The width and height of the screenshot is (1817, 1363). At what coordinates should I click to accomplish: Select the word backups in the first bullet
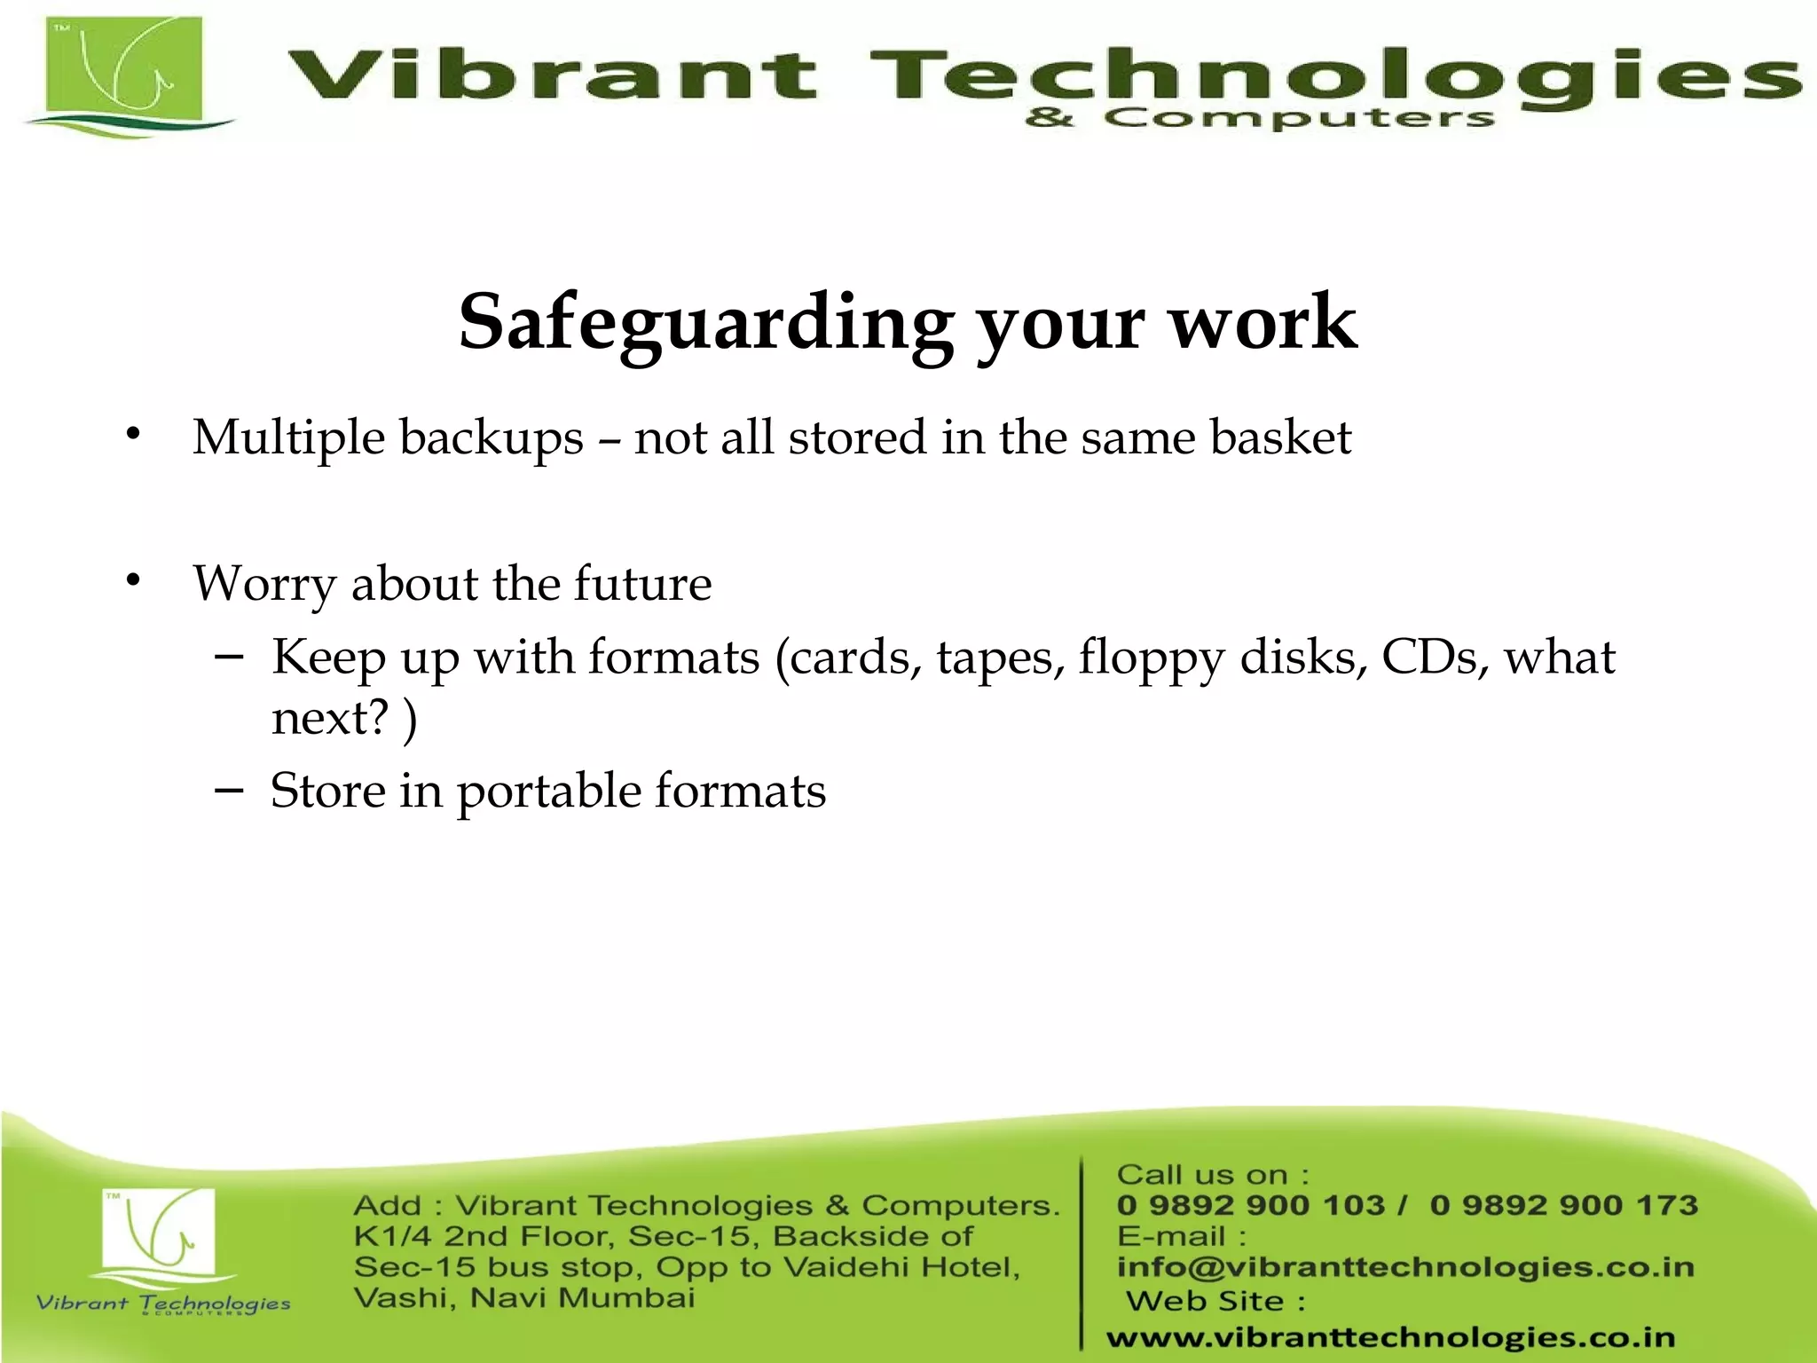click(x=491, y=438)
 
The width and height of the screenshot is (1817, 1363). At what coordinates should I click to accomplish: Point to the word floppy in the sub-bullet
click(x=1152, y=658)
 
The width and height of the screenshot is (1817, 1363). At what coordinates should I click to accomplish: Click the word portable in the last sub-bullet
click(x=548, y=791)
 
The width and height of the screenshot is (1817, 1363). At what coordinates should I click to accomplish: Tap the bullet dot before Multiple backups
click(x=133, y=434)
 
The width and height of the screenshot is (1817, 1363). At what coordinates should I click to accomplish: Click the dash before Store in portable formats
click(x=229, y=789)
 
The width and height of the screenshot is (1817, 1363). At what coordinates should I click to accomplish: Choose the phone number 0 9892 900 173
click(x=1563, y=1205)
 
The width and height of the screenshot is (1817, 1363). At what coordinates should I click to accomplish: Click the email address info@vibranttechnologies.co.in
click(x=1405, y=1267)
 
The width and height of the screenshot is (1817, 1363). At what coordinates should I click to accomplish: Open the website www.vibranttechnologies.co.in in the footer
click(x=1390, y=1337)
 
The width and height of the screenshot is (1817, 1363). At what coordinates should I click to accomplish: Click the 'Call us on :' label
click(x=1212, y=1175)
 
